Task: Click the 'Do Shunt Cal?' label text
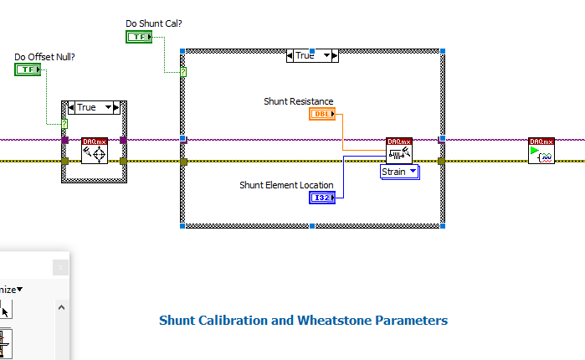point(153,23)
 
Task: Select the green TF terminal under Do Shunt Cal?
point(140,36)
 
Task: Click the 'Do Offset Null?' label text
point(44,57)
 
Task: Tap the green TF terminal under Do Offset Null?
point(28,69)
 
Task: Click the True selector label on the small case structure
point(86,107)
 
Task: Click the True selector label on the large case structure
point(305,55)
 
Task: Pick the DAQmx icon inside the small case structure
point(95,152)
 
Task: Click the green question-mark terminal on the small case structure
point(64,124)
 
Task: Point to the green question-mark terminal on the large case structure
point(183,73)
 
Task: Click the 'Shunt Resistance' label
point(298,101)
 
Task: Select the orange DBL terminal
point(322,114)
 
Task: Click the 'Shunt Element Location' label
point(285,185)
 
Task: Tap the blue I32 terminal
point(323,198)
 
